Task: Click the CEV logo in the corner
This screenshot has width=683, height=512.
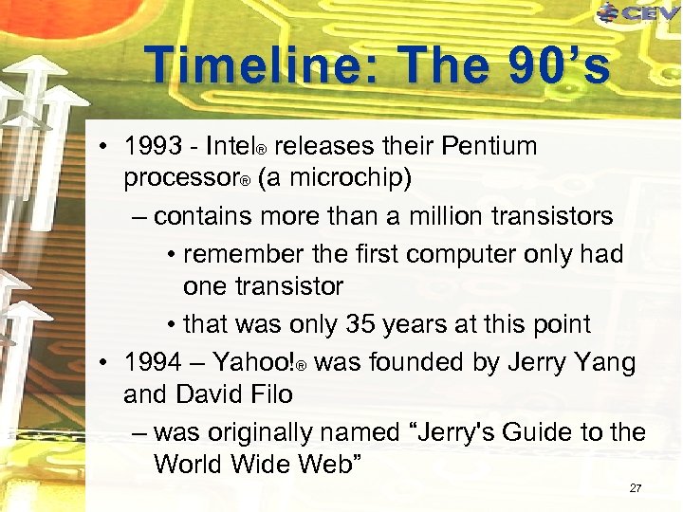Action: [x=638, y=12]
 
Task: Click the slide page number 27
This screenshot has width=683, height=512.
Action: [x=635, y=488]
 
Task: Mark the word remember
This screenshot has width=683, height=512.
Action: [x=242, y=254]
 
